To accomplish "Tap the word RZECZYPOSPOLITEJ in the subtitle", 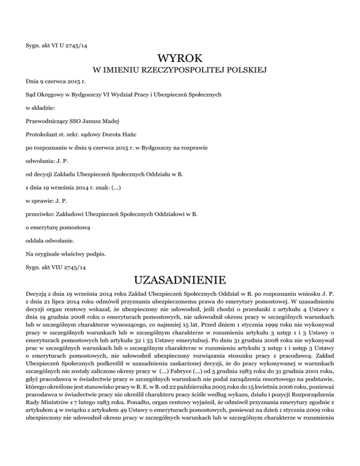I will tap(184, 70).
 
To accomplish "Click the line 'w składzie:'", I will tap(41, 107).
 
